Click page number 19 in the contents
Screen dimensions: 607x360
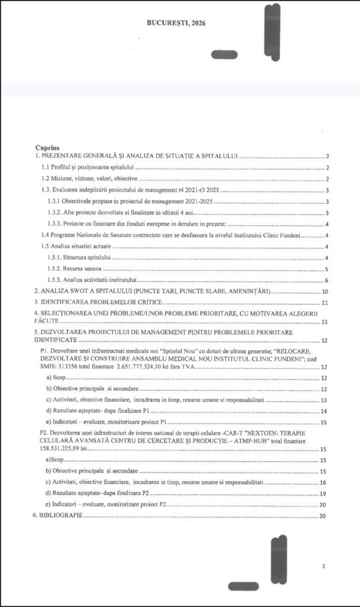[323, 493]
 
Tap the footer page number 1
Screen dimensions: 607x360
[323, 567]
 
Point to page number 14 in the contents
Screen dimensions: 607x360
[324, 411]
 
